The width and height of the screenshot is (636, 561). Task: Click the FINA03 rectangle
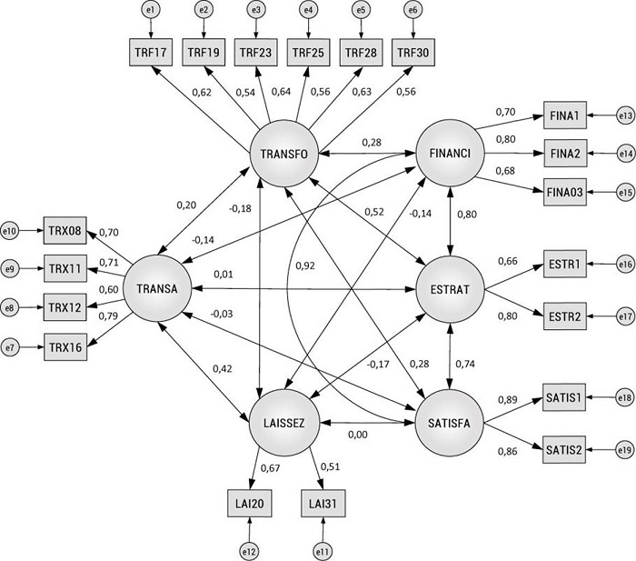pos(568,192)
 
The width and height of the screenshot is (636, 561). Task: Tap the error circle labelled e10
pos(11,231)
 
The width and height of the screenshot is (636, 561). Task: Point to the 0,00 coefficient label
pos(359,435)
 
